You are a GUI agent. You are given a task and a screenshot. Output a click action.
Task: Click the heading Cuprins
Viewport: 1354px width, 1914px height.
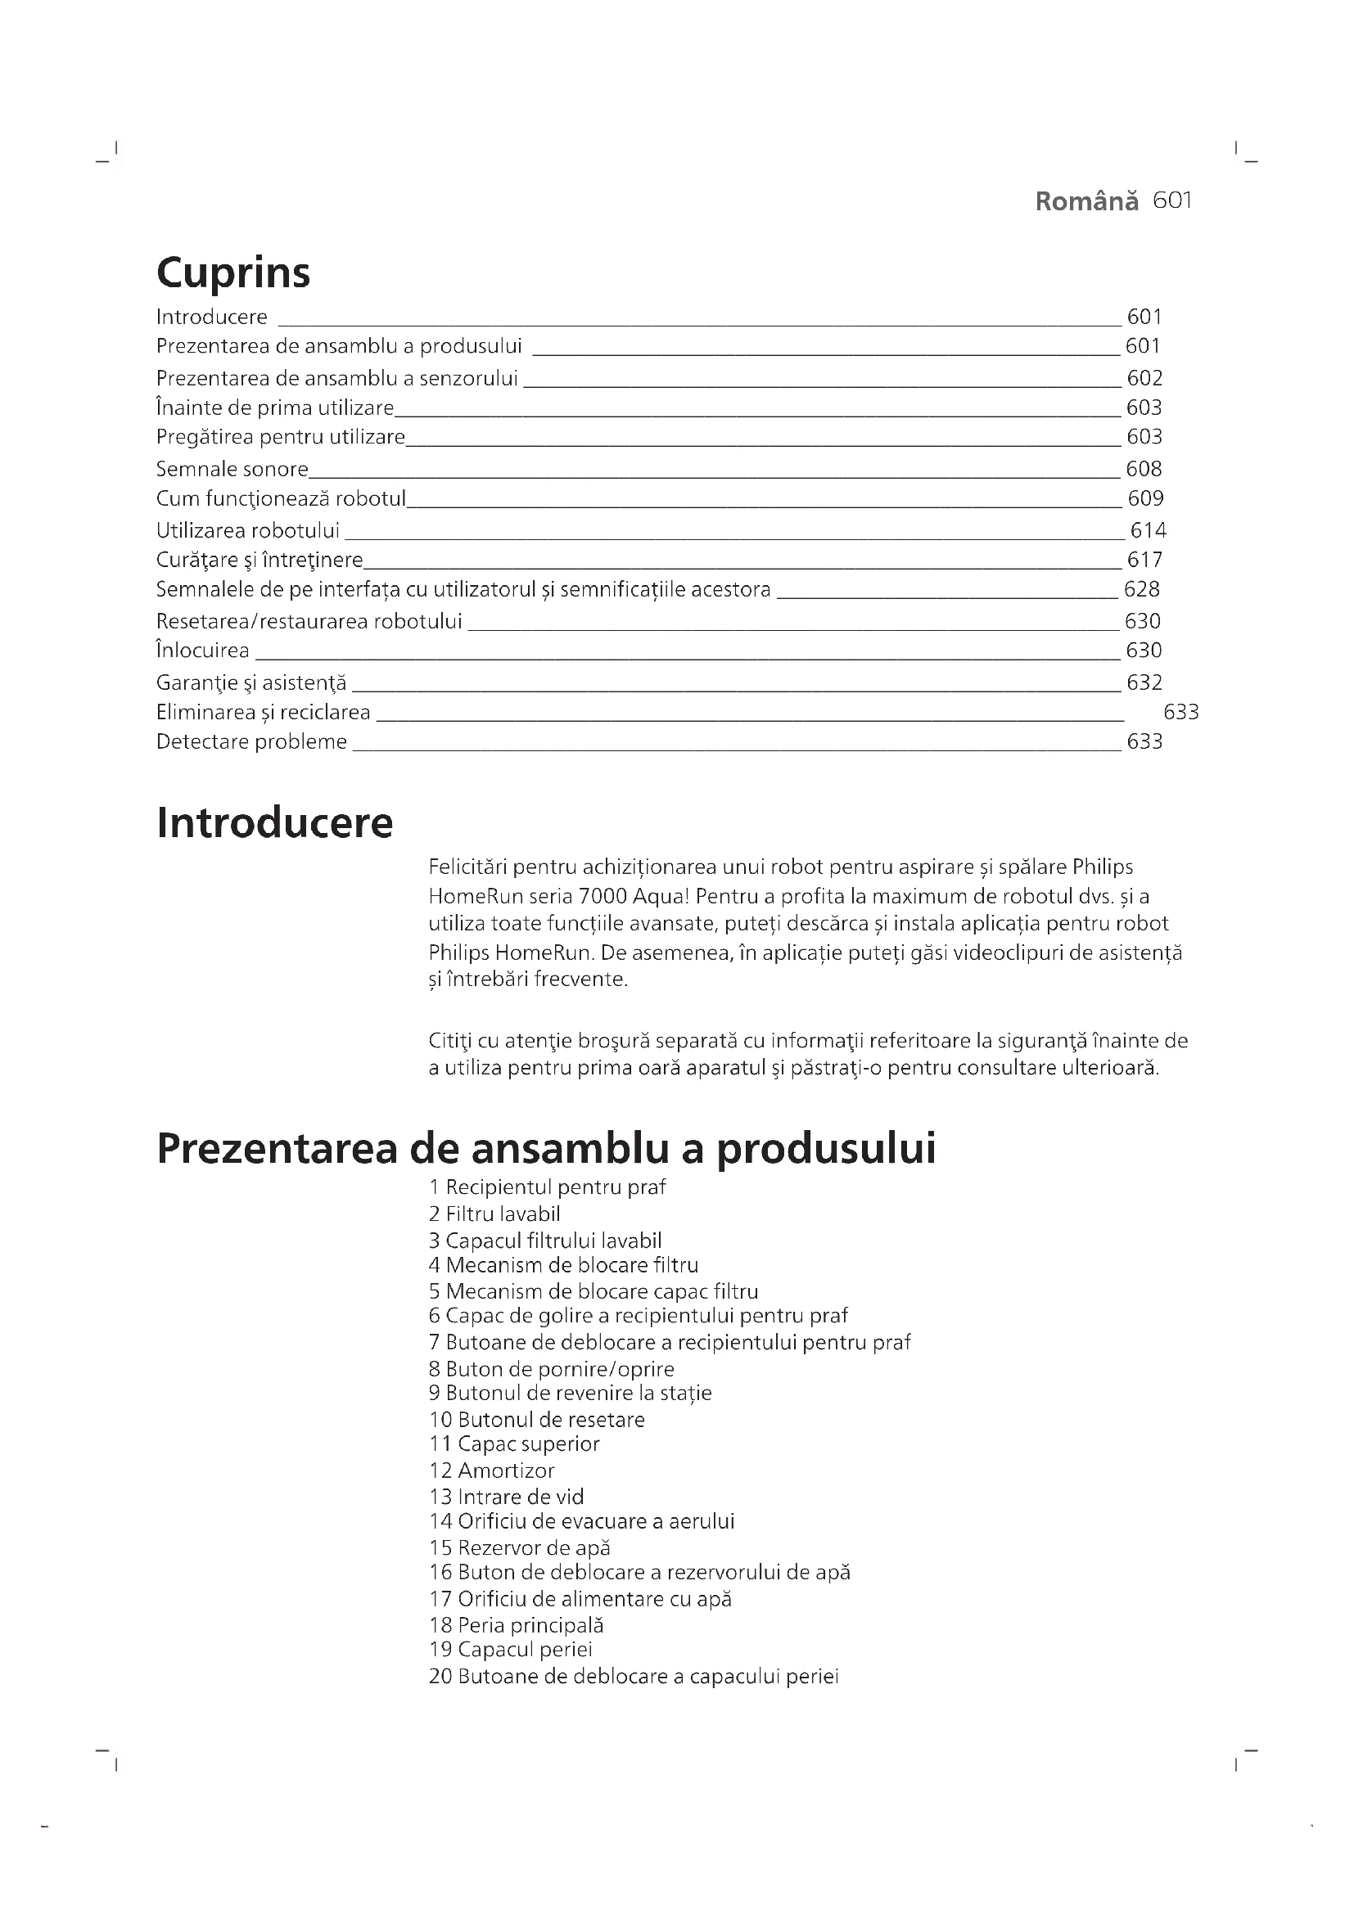[232, 272]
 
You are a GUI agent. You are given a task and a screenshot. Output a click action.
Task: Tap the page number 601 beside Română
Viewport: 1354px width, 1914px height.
[1172, 201]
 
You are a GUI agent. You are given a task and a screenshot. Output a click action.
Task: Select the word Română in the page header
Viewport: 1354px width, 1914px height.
[1086, 202]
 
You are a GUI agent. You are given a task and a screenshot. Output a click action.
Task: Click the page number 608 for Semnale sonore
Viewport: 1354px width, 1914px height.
[1144, 469]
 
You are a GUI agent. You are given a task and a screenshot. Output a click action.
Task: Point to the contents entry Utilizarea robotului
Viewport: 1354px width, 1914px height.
[247, 530]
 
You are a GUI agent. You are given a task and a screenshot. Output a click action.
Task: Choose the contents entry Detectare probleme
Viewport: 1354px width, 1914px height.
[251, 741]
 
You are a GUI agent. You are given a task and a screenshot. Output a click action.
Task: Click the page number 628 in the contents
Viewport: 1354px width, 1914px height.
[1141, 589]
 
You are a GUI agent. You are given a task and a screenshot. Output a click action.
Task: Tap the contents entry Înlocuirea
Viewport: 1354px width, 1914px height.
[202, 650]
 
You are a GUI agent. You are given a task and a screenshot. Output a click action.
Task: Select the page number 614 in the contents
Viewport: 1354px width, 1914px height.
[1148, 530]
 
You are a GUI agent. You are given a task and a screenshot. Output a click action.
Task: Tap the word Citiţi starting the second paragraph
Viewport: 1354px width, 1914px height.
[450, 1040]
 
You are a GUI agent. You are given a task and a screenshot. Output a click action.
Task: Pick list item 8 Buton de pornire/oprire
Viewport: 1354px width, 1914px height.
[551, 1369]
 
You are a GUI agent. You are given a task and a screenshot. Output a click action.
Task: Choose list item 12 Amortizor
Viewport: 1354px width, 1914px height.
[491, 1470]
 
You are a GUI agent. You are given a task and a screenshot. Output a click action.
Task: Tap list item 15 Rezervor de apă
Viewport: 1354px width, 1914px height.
[520, 1548]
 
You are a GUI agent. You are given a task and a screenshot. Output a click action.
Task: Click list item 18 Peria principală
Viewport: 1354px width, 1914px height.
[516, 1625]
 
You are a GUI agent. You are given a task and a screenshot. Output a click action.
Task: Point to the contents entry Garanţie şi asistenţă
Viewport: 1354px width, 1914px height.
[251, 682]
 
